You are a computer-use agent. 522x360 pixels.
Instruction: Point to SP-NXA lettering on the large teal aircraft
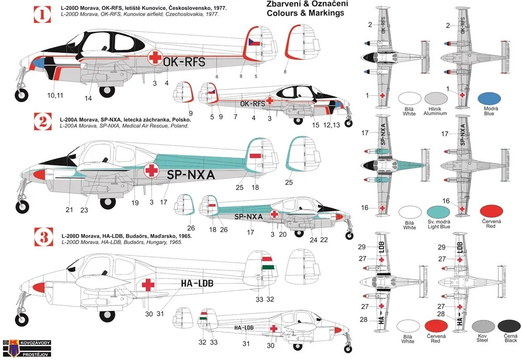click(x=191, y=175)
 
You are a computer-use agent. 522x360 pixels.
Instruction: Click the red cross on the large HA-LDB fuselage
click(x=149, y=285)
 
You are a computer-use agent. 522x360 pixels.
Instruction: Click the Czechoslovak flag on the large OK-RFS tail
click(x=254, y=41)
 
